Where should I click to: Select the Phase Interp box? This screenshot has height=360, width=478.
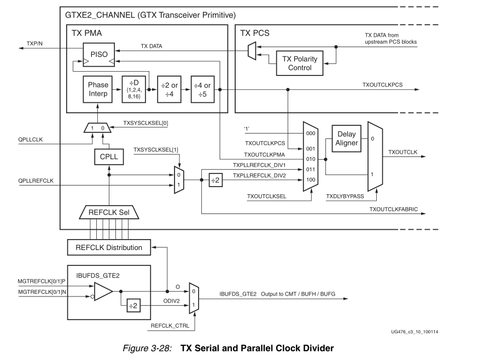98,89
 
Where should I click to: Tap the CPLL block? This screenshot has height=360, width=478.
109,157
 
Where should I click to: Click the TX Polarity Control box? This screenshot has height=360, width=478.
299,63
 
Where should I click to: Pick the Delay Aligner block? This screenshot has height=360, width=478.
347,139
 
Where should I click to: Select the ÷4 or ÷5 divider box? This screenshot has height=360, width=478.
203,89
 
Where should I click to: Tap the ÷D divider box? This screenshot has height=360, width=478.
135,89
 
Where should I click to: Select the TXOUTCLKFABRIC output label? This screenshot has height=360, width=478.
393,210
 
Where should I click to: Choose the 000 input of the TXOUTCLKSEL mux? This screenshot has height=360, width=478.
310,133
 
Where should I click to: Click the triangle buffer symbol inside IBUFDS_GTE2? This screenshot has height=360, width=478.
103,292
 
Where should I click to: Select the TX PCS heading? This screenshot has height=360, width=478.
255,33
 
